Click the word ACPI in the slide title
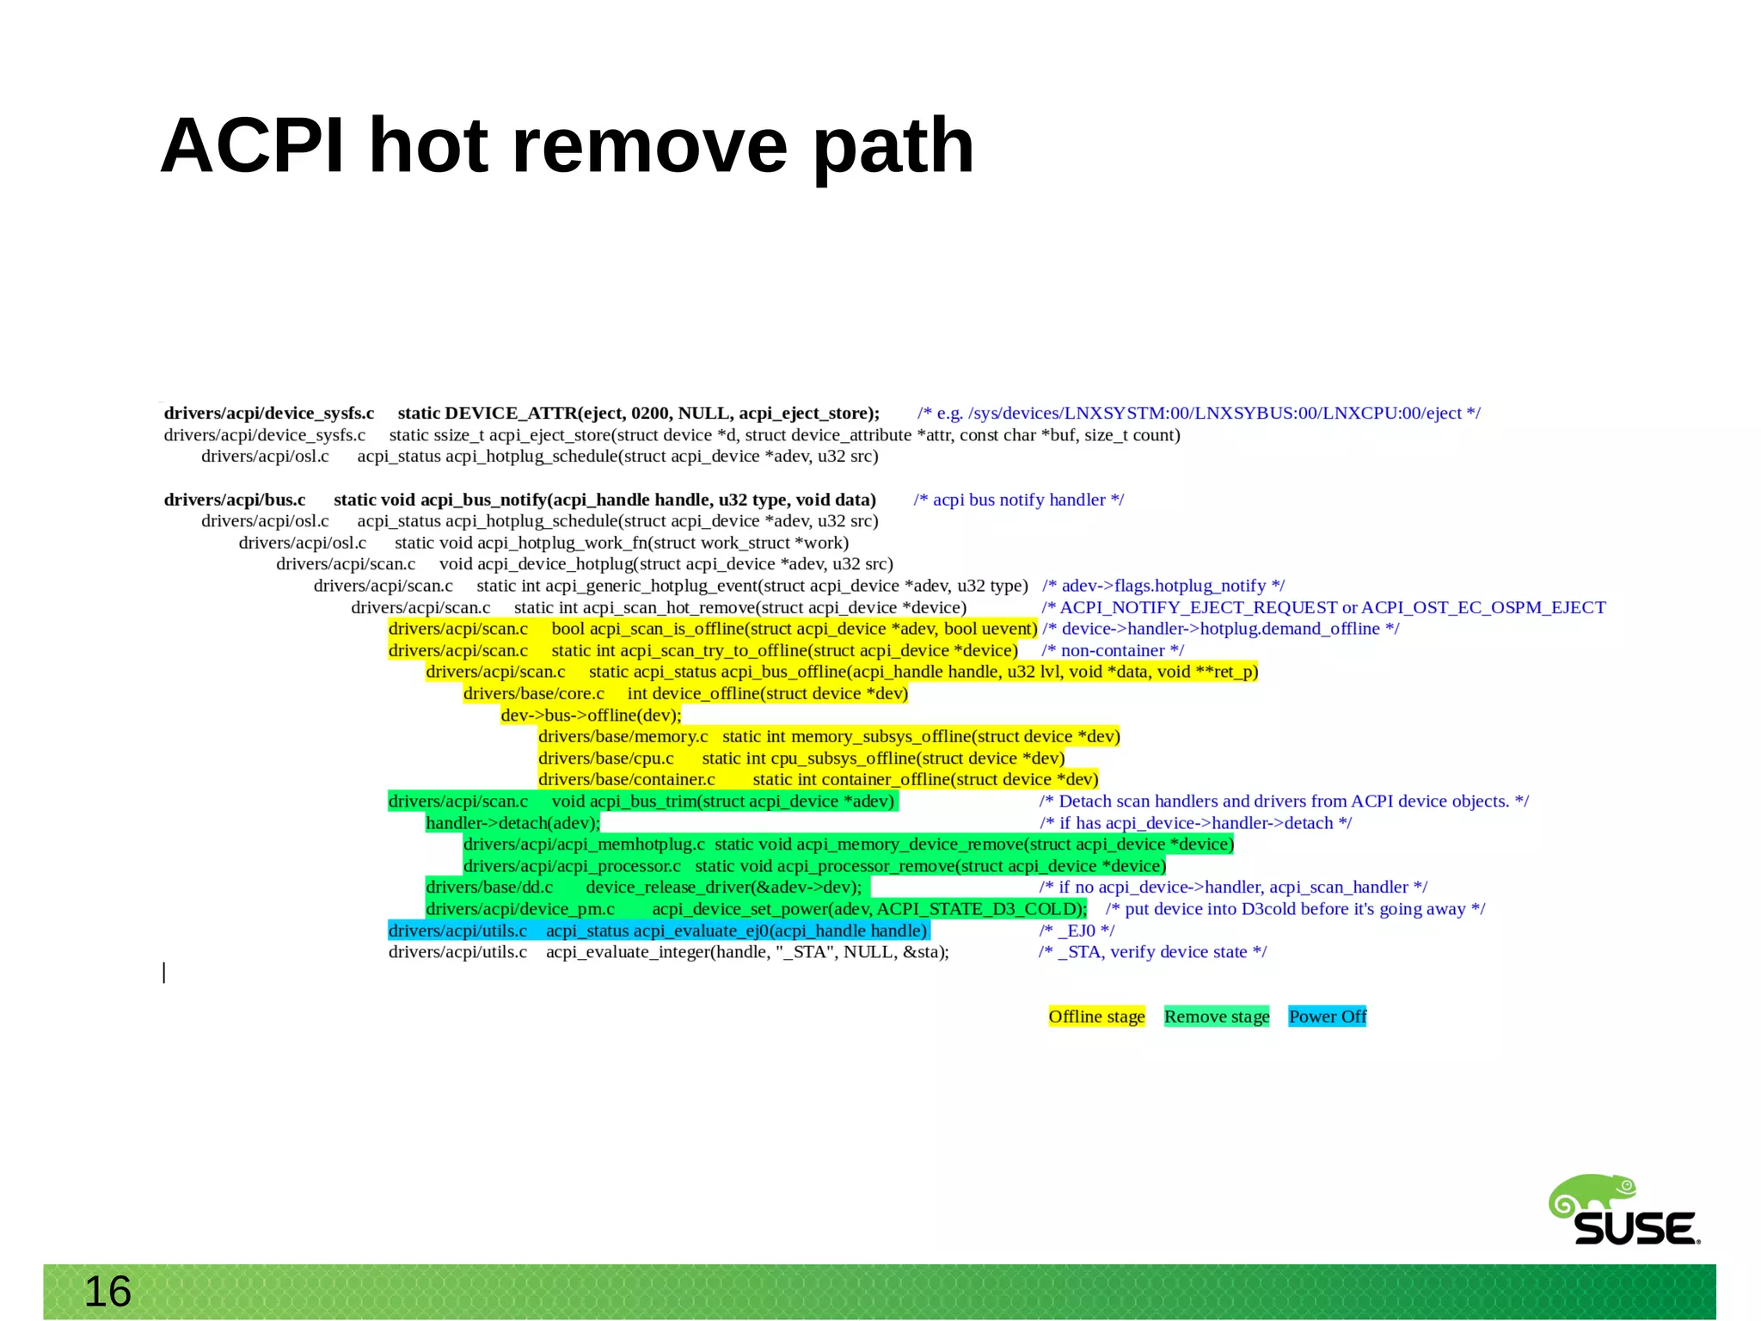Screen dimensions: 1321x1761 pos(252,146)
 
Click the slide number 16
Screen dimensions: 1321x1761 pos(107,1292)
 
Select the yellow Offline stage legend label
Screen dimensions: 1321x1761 pos(1096,1017)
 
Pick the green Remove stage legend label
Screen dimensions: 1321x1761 pos(1217,1017)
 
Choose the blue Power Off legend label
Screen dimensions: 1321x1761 pos(1327,1017)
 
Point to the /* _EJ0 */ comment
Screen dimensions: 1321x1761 pos(1077,931)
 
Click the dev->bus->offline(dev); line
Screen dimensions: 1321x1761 pos(591,716)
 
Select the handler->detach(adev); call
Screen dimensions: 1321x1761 pos(512,823)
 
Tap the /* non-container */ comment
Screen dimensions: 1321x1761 pos(1113,651)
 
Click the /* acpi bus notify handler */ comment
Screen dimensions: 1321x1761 pos(1019,500)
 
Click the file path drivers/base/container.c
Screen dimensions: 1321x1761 pos(627,780)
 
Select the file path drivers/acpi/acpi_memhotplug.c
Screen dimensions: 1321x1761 pos(584,845)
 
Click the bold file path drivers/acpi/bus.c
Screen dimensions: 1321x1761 pos(235,500)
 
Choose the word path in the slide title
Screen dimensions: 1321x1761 pos(893,146)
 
